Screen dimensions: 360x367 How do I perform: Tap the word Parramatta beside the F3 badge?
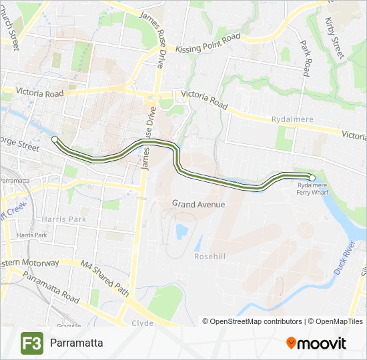point(76,343)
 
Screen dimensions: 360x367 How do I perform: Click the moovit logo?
point(316,343)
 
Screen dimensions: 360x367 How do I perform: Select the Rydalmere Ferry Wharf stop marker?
point(312,177)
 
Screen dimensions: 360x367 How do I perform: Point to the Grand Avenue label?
point(198,204)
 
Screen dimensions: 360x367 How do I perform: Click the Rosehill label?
point(211,256)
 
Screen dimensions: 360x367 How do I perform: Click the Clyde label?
point(143,323)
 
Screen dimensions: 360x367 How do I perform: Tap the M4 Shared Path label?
point(104,278)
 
